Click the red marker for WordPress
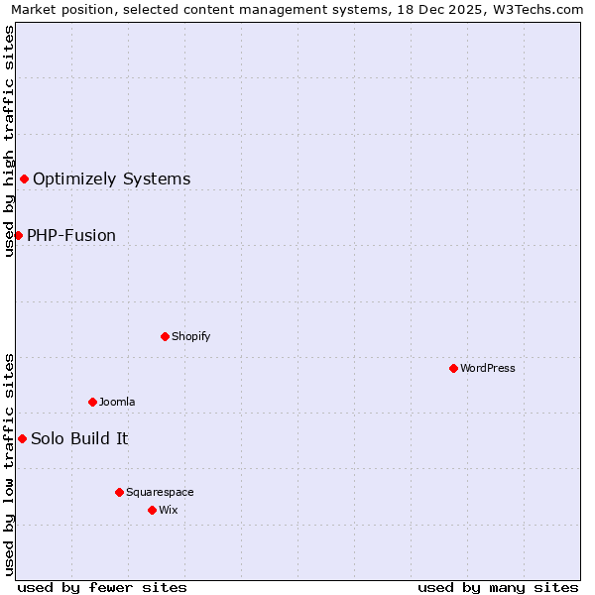pyautogui.click(x=453, y=368)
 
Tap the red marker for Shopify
pyautogui.click(x=165, y=336)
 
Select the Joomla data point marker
pyautogui.click(x=92, y=402)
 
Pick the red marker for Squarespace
pyautogui.click(x=119, y=492)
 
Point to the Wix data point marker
pyautogui.click(x=152, y=510)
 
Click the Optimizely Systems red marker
pyautogui.click(x=24, y=178)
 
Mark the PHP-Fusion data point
pyautogui.click(x=18, y=235)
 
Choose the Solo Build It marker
pyautogui.click(x=22, y=438)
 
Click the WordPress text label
pyautogui.click(x=488, y=368)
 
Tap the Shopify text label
pyautogui.click(x=191, y=336)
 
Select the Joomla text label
pyautogui.click(x=117, y=402)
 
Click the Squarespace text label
pyautogui.click(x=160, y=492)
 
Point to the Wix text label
pyautogui.click(x=168, y=510)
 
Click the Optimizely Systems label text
pyautogui.click(x=111, y=178)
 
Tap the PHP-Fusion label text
pyautogui.click(x=71, y=235)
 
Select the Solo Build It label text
pyautogui.click(x=79, y=438)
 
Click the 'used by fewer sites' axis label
pyautogui.click(x=102, y=587)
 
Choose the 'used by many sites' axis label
pyautogui.click(x=498, y=587)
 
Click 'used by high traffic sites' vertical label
pyautogui.click(x=9, y=141)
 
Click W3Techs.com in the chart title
pyautogui.click(x=540, y=9)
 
